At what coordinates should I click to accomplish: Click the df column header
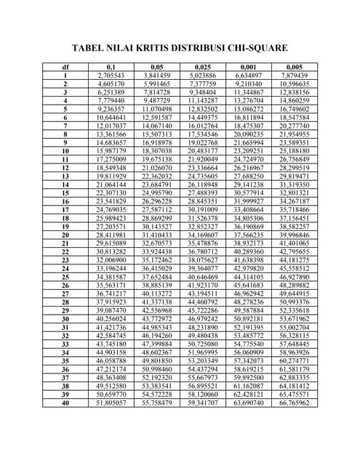tap(65, 67)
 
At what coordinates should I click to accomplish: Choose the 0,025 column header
tap(202, 67)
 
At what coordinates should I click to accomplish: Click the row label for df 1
tap(65, 75)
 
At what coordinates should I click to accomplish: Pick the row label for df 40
tap(65, 401)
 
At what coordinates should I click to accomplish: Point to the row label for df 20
tap(65, 234)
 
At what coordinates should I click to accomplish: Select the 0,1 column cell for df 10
tap(111, 150)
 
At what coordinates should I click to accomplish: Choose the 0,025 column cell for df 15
tap(202, 192)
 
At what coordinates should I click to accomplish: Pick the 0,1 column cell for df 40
tap(111, 401)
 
